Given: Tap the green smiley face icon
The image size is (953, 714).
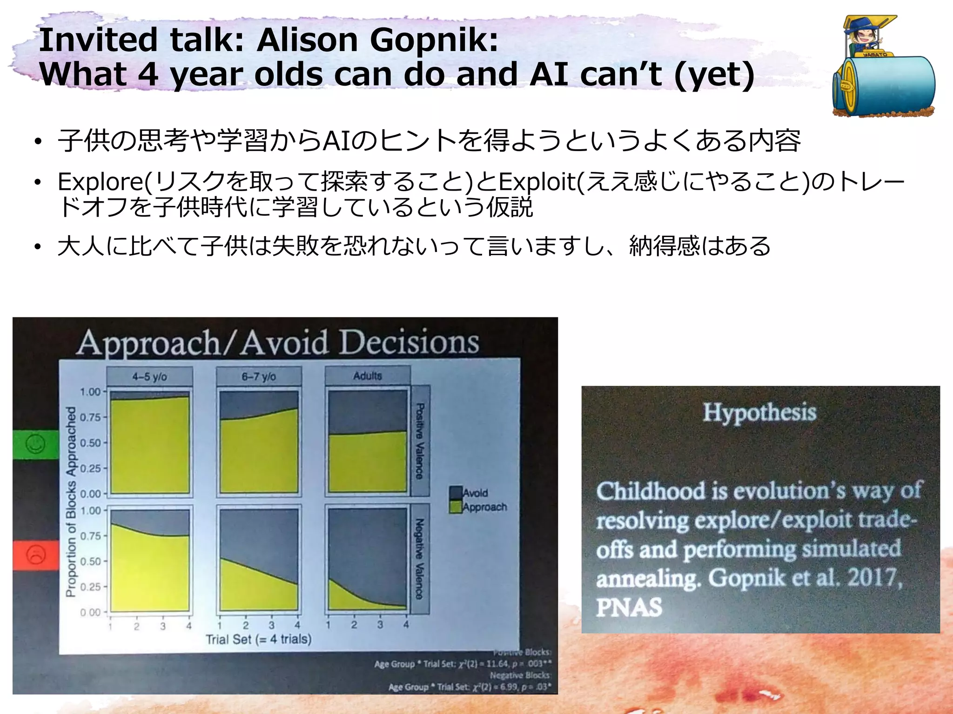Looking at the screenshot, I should pos(35,444).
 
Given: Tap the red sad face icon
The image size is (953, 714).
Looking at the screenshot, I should pos(36,555).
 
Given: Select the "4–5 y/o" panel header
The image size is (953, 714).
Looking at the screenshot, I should pos(149,376).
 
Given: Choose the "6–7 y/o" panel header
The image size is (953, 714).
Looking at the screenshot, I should pos(259,376).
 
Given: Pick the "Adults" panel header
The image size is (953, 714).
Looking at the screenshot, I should pos(368,375).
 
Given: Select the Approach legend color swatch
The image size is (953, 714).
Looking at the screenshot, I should pos(455,507).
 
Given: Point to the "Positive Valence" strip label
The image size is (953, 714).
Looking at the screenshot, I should pos(420,441).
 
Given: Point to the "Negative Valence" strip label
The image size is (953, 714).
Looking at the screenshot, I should pos(420,559).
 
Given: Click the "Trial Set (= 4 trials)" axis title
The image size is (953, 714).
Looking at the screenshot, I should pos(259,639).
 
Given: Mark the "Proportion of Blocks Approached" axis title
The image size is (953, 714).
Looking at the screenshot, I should pos(71,502).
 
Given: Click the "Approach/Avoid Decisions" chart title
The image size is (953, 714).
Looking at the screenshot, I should pos(278,343).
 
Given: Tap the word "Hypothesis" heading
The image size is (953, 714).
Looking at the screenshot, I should pos(759,412).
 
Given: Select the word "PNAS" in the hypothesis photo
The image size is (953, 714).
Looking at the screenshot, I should pos(629,607).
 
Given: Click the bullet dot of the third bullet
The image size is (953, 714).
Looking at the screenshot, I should pos(38,247).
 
